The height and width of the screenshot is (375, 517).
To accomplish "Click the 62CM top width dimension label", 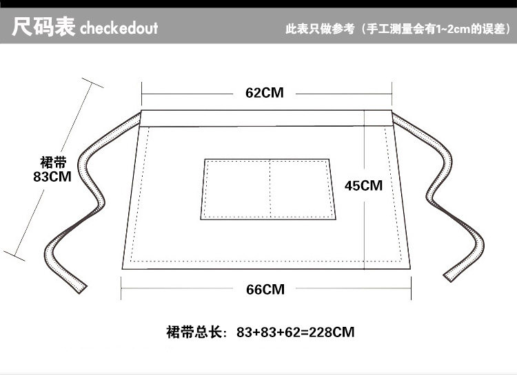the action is coord(265,93).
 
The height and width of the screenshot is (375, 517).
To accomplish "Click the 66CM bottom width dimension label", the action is coord(265,290).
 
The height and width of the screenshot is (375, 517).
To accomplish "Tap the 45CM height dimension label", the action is coord(363,186).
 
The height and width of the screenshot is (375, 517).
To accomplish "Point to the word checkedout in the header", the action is coord(119,29).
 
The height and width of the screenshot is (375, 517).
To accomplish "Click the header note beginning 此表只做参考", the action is coord(397,30).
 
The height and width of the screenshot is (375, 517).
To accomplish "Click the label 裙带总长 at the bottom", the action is coord(196,332).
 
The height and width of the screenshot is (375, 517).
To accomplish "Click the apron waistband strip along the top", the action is coord(267,118).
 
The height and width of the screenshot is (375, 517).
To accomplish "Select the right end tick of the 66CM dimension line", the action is coord(411,289).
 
